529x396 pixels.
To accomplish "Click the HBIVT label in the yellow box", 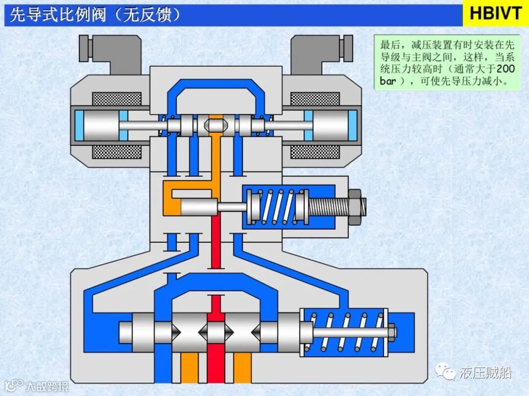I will tap(495, 14).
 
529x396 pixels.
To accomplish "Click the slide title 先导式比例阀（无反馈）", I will tap(96, 15).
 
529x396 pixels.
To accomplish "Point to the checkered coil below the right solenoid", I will tap(315, 152).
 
